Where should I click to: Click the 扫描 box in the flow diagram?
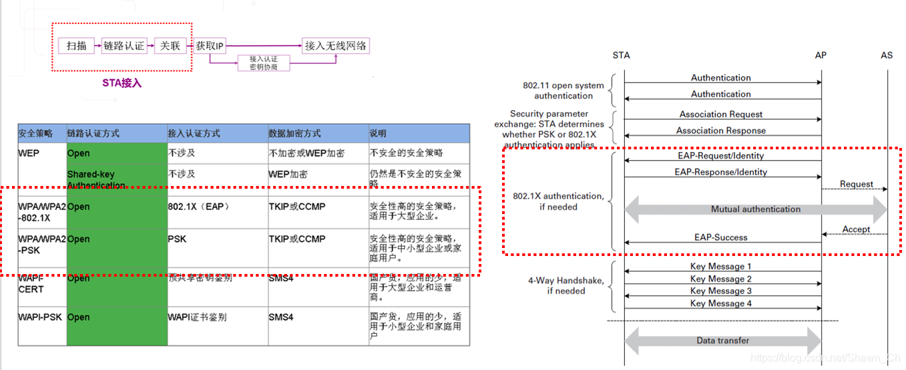point(77,46)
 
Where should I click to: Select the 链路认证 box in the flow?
point(124,46)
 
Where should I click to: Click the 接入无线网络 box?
point(335,46)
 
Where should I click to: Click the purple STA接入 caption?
point(122,83)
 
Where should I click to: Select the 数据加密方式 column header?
point(294,133)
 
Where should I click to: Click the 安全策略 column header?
point(35,133)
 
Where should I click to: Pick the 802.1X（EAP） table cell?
point(199,207)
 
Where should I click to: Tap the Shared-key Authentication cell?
point(96,179)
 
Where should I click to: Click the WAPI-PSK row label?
point(40,317)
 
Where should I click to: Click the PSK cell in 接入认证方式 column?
point(178,239)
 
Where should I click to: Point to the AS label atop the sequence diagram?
point(886,55)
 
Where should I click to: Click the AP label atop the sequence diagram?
point(821,55)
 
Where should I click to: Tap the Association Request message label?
point(721,114)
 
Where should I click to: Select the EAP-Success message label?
point(721,237)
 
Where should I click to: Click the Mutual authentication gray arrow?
point(755,209)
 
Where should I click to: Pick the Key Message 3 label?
point(721,291)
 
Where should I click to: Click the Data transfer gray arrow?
point(722,341)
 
